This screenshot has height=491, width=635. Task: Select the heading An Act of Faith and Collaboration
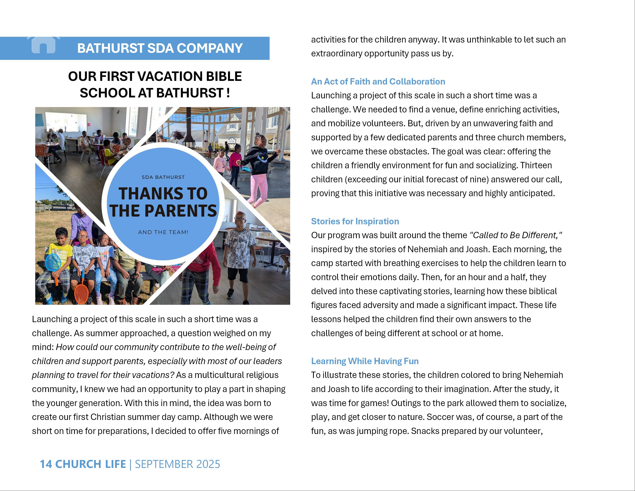378,81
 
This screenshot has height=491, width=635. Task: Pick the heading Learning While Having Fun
365,361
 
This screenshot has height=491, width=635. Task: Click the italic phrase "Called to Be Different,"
516,235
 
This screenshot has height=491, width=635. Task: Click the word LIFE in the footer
115,464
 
